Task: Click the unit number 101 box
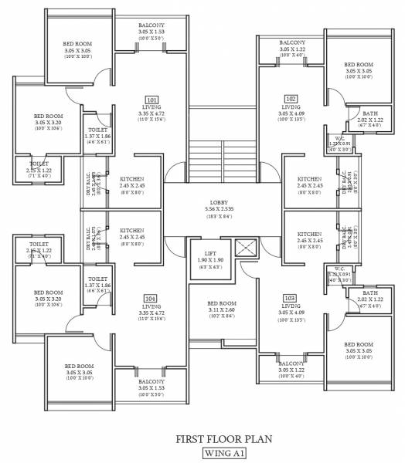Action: click(151, 99)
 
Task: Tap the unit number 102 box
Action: click(291, 99)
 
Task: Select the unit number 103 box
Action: click(291, 298)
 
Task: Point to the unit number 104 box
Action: click(151, 298)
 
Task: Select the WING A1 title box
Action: click(221, 453)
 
